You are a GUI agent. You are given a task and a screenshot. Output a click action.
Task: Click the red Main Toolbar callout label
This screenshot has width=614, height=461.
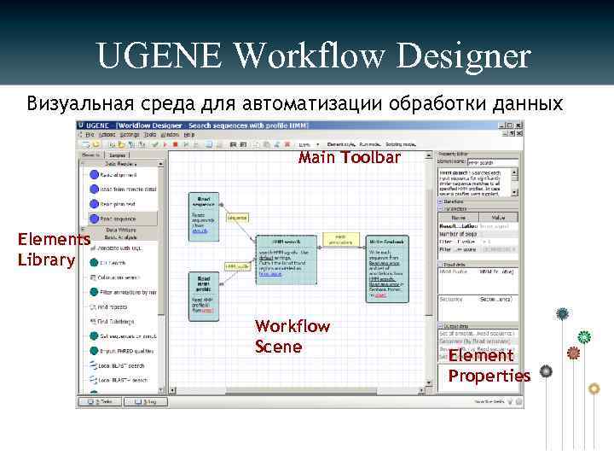(x=349, y=158)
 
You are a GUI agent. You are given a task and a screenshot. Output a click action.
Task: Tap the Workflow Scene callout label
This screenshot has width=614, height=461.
(x=293, y=336)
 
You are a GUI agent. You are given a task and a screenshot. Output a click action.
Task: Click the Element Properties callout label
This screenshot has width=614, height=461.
(x=489, y=365)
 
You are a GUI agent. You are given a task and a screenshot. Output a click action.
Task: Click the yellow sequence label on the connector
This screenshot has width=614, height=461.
(x=237, y=218)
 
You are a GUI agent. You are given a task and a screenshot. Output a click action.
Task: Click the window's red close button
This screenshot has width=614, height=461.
(x=518, y=125)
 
